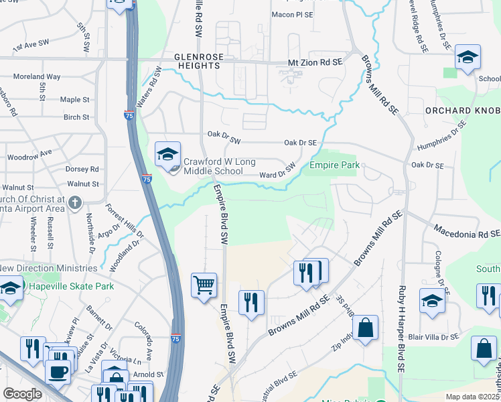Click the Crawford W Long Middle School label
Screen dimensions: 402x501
[x=213, y=166]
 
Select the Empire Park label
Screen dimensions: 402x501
[x=334, y=165]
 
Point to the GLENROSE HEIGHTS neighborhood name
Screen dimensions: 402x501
[x=198, y=62]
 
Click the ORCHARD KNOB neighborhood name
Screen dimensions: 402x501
[x=462, y=110]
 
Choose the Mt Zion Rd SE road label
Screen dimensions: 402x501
[x=315, y=61]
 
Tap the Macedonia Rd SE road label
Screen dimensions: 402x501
[x=466, y=233]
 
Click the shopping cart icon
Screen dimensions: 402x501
[x=204, y=285]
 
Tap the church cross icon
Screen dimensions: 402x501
[x=75, y=202]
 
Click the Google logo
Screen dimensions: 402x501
[x=21, y=394]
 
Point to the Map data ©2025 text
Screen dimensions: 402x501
[x=473, y=396]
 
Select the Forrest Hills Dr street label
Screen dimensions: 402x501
[x=130, y=220]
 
